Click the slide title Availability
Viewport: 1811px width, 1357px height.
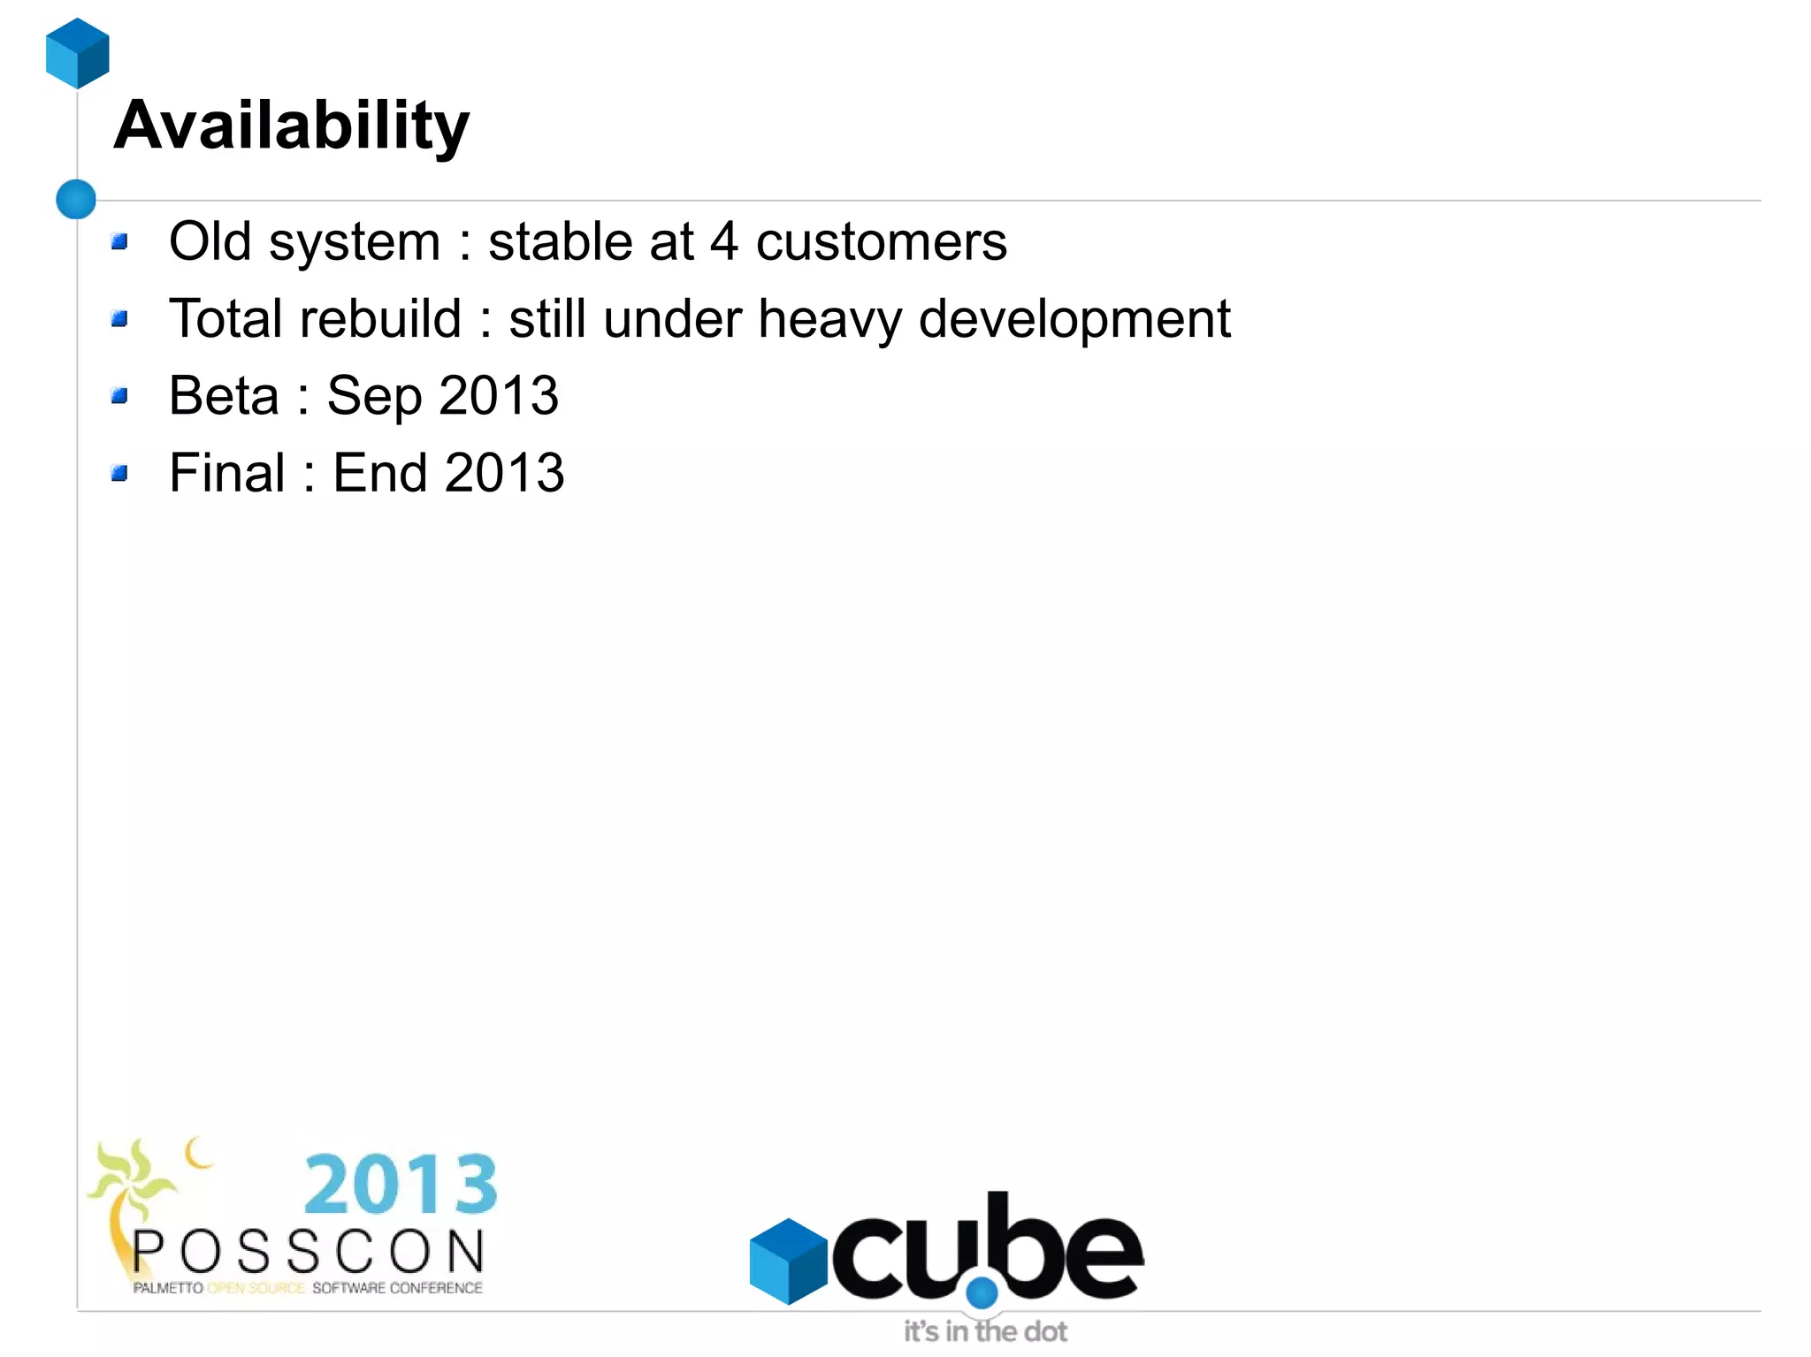point(291,126)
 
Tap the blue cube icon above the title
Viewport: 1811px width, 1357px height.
point(78,53)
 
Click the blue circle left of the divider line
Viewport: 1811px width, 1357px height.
point(76,199)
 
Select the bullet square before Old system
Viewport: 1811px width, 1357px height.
point(120,241)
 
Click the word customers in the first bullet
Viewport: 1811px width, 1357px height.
point(881,241)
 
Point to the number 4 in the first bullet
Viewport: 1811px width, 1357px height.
point(724,241)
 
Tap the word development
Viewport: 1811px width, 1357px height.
point(1074,318)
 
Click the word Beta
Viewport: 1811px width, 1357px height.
point(224,395)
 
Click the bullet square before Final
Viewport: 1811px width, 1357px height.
point(120,473)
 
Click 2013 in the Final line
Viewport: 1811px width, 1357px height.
point(504,472)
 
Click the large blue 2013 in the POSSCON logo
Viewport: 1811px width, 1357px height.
point(401,1184)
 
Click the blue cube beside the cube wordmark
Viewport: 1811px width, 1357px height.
point(788,1261)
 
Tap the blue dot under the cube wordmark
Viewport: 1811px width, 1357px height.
point(982,1293)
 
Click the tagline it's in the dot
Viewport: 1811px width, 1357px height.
point(985,1331)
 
